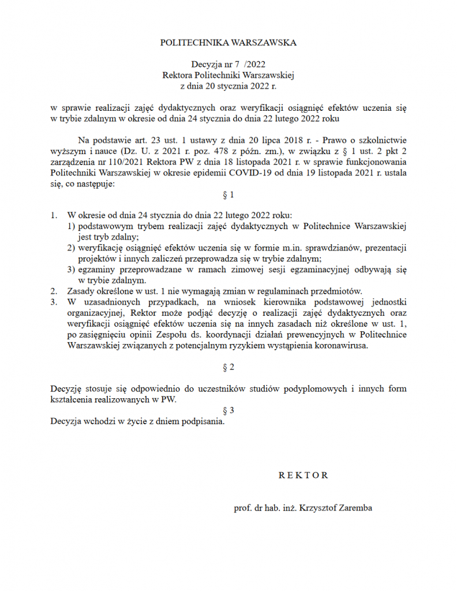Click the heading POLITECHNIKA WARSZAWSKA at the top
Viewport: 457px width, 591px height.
[228, 43]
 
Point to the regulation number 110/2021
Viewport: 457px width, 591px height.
[118, 162]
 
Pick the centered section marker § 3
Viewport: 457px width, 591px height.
[228, 410]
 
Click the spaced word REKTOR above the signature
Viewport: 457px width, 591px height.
[303, 476]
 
